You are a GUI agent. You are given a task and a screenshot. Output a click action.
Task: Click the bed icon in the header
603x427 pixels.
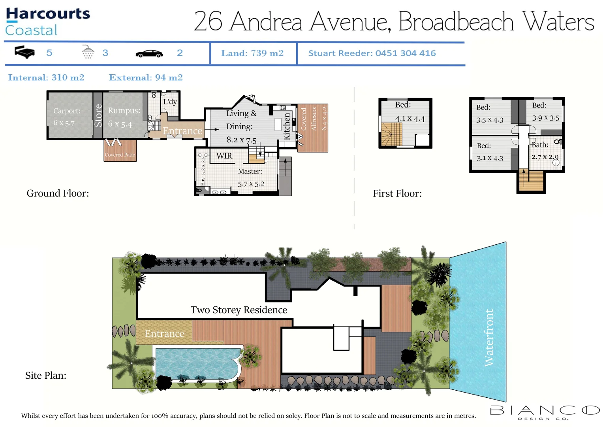tap(24, 52)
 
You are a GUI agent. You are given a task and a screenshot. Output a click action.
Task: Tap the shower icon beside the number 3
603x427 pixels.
tap(88, 52)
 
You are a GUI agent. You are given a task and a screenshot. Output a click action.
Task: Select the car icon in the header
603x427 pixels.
tap(149, 54)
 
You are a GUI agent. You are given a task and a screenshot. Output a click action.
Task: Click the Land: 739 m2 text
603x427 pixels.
tap(252, 53)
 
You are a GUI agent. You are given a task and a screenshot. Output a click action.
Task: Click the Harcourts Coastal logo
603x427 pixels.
tap(47, 21)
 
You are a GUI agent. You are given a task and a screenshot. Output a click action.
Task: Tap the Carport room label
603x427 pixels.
tap(67, 111)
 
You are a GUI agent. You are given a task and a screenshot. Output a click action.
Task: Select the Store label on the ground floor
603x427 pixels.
tap(98, 115)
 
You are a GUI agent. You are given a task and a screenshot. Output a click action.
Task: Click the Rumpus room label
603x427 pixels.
tap(124, 111)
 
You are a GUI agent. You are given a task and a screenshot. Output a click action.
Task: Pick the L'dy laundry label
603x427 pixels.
tap(170, 102)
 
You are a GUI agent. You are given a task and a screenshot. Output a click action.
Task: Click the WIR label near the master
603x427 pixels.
tap(224, 156)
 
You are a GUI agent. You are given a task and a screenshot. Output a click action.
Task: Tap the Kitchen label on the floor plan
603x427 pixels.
tap(287, 126)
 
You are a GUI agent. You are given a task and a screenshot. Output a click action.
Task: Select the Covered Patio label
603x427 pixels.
tap(120, 155)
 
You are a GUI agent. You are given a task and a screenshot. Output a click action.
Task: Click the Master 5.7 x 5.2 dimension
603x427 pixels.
tap(251, 184)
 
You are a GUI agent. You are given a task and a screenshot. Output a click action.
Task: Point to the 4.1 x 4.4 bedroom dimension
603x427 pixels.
tap(410, 119)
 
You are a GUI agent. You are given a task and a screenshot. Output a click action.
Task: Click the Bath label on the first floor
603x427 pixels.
tap(540, 145)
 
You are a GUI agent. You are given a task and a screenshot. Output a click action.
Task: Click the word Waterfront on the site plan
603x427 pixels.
tap(489, 337)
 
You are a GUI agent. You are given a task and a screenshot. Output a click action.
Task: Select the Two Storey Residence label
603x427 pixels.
tap(239, 310)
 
